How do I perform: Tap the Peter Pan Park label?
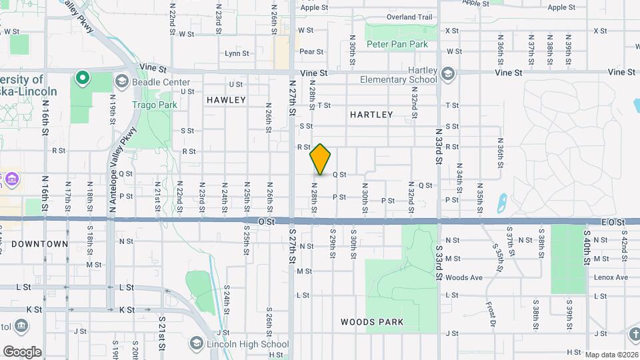point(397,44)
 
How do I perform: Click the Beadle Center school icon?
point(121,81)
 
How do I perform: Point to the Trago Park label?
point(155,105)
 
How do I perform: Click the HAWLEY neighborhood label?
point(226,100)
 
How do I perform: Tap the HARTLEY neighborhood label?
point(371,115)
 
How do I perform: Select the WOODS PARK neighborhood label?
point(372,322)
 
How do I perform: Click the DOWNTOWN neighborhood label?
point(39,244)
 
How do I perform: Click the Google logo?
point(22,351)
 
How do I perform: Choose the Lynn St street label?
point(237,53)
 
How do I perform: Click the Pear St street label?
point(311,51)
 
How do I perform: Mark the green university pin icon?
point(83,79)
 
